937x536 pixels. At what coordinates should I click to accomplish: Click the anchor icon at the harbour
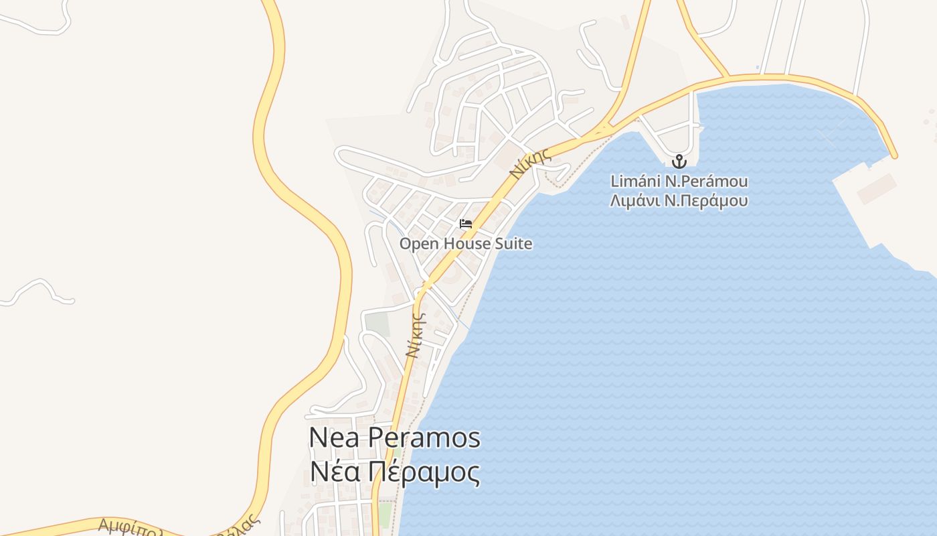[679, 161]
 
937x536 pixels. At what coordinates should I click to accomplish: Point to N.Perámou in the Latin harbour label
[705, 182]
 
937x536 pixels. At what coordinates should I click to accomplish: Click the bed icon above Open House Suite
[466, 224]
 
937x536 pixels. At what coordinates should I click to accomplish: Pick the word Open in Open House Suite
[417, 244]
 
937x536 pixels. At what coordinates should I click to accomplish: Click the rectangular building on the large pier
[876, 189]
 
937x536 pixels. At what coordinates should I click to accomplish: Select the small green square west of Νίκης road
[377, 325]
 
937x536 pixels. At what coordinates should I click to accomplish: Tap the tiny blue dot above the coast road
[757, 67]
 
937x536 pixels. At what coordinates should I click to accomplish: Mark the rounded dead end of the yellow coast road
[893, 155]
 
